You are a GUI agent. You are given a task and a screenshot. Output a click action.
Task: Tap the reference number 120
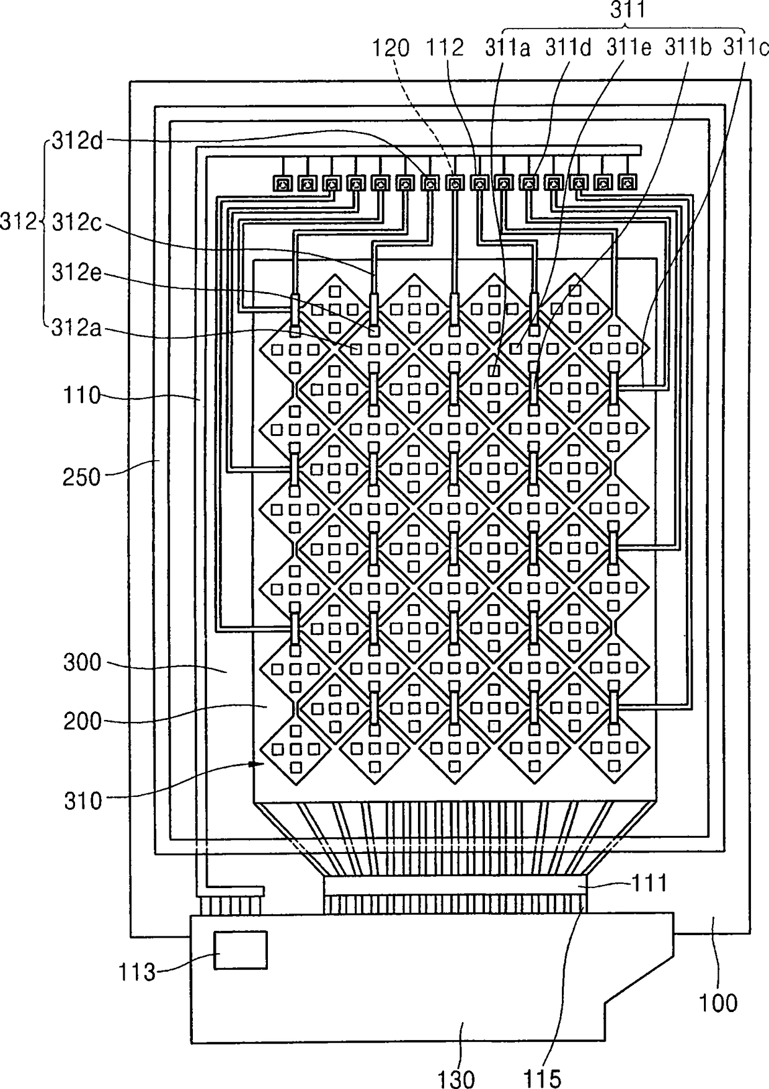[391, 48]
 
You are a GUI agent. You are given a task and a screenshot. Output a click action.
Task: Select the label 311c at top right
[746, 48]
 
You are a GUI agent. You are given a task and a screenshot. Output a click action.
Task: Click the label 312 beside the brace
[18, 221]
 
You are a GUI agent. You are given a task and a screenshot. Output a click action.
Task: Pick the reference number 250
[81, 478]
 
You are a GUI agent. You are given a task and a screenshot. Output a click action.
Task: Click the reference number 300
[82, 662]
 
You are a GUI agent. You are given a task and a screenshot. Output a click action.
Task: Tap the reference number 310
[82, 801]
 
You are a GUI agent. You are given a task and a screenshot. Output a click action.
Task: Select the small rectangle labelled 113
[241, 949]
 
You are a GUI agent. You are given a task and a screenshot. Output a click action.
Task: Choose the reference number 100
[718, 1003]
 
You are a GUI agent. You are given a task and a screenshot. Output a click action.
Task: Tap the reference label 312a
[78, 328]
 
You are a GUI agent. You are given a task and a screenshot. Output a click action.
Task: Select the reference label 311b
[688, 48]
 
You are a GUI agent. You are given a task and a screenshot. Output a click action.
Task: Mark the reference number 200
[82, 721]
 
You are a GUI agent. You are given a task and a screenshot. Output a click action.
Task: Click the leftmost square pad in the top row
[282, 184]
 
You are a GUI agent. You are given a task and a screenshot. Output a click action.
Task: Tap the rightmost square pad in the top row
[628, 184]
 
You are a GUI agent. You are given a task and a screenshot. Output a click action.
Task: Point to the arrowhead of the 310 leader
[252, 764]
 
